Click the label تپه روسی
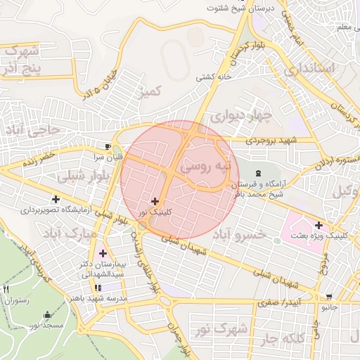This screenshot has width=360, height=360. tap(205, 167)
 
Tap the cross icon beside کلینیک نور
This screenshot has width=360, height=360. tap(155, 201)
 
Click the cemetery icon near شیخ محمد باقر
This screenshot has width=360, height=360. tap(257, 173)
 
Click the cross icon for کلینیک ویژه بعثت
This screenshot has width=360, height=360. tap(319, 225)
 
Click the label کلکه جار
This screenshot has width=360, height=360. tap(289, 340)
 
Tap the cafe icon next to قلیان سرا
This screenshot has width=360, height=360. tap(107, 146)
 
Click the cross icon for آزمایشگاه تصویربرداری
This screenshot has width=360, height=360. tap(56, 200)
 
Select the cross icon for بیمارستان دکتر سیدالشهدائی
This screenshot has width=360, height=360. tap(103, 252)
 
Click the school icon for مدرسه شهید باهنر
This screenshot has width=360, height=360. tap(97, 287)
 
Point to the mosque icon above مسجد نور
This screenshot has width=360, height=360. tap(47, 314)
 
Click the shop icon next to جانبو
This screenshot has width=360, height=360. tap(329, 297)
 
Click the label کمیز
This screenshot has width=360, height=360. tap(150, 91)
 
